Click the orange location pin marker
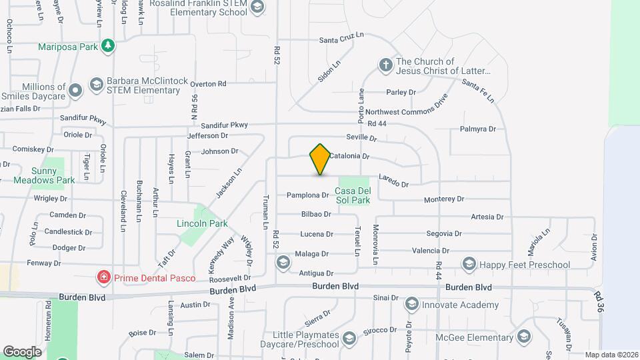[320, 159]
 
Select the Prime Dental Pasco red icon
[103, 276]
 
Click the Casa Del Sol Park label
[352, 195]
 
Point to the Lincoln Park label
[203, 223]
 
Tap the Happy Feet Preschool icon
[469, 265]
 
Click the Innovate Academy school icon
[411, 305]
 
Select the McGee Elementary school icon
[524, 336]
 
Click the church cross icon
[385, 65]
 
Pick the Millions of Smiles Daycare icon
[76, 89]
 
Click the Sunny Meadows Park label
[53, 175]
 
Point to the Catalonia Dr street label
[349, 156]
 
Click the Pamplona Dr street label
[307, 195]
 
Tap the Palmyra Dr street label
[478, 129]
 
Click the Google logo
[22, 351]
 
